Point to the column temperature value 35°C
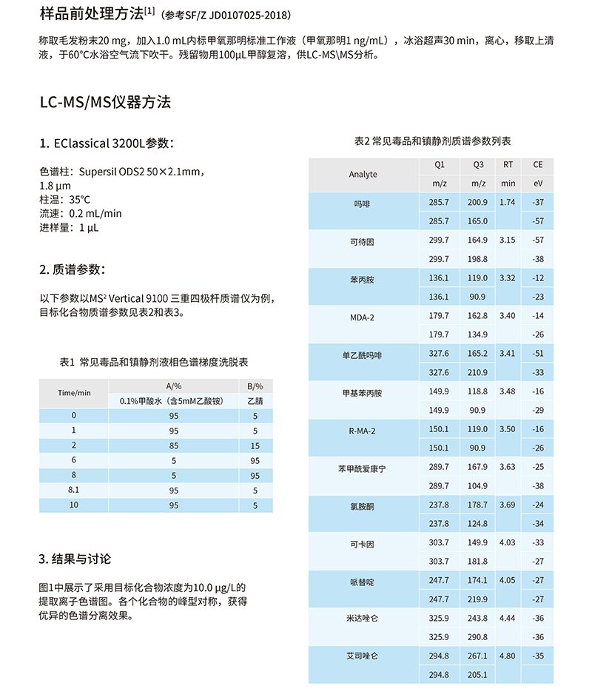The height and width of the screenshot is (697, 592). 80,200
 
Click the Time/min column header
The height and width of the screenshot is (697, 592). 74,393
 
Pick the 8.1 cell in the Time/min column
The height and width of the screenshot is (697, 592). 74,490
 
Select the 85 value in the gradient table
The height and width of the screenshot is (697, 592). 174,445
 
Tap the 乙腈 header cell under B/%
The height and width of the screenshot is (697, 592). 255,401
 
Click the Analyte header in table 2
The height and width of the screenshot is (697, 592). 363,174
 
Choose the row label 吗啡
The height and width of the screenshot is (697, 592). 363,203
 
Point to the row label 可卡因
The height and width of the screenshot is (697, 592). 363,544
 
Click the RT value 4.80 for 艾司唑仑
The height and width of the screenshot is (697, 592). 507,656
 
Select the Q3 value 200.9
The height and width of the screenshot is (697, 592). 478,202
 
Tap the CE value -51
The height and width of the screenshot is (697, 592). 538,354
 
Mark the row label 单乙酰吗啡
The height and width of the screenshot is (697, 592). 363,354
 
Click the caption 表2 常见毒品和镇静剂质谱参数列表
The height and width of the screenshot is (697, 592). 433,141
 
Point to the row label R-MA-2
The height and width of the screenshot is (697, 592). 363,430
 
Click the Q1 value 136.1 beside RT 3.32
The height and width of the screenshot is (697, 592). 439,278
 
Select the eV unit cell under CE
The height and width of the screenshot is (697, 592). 538,183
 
